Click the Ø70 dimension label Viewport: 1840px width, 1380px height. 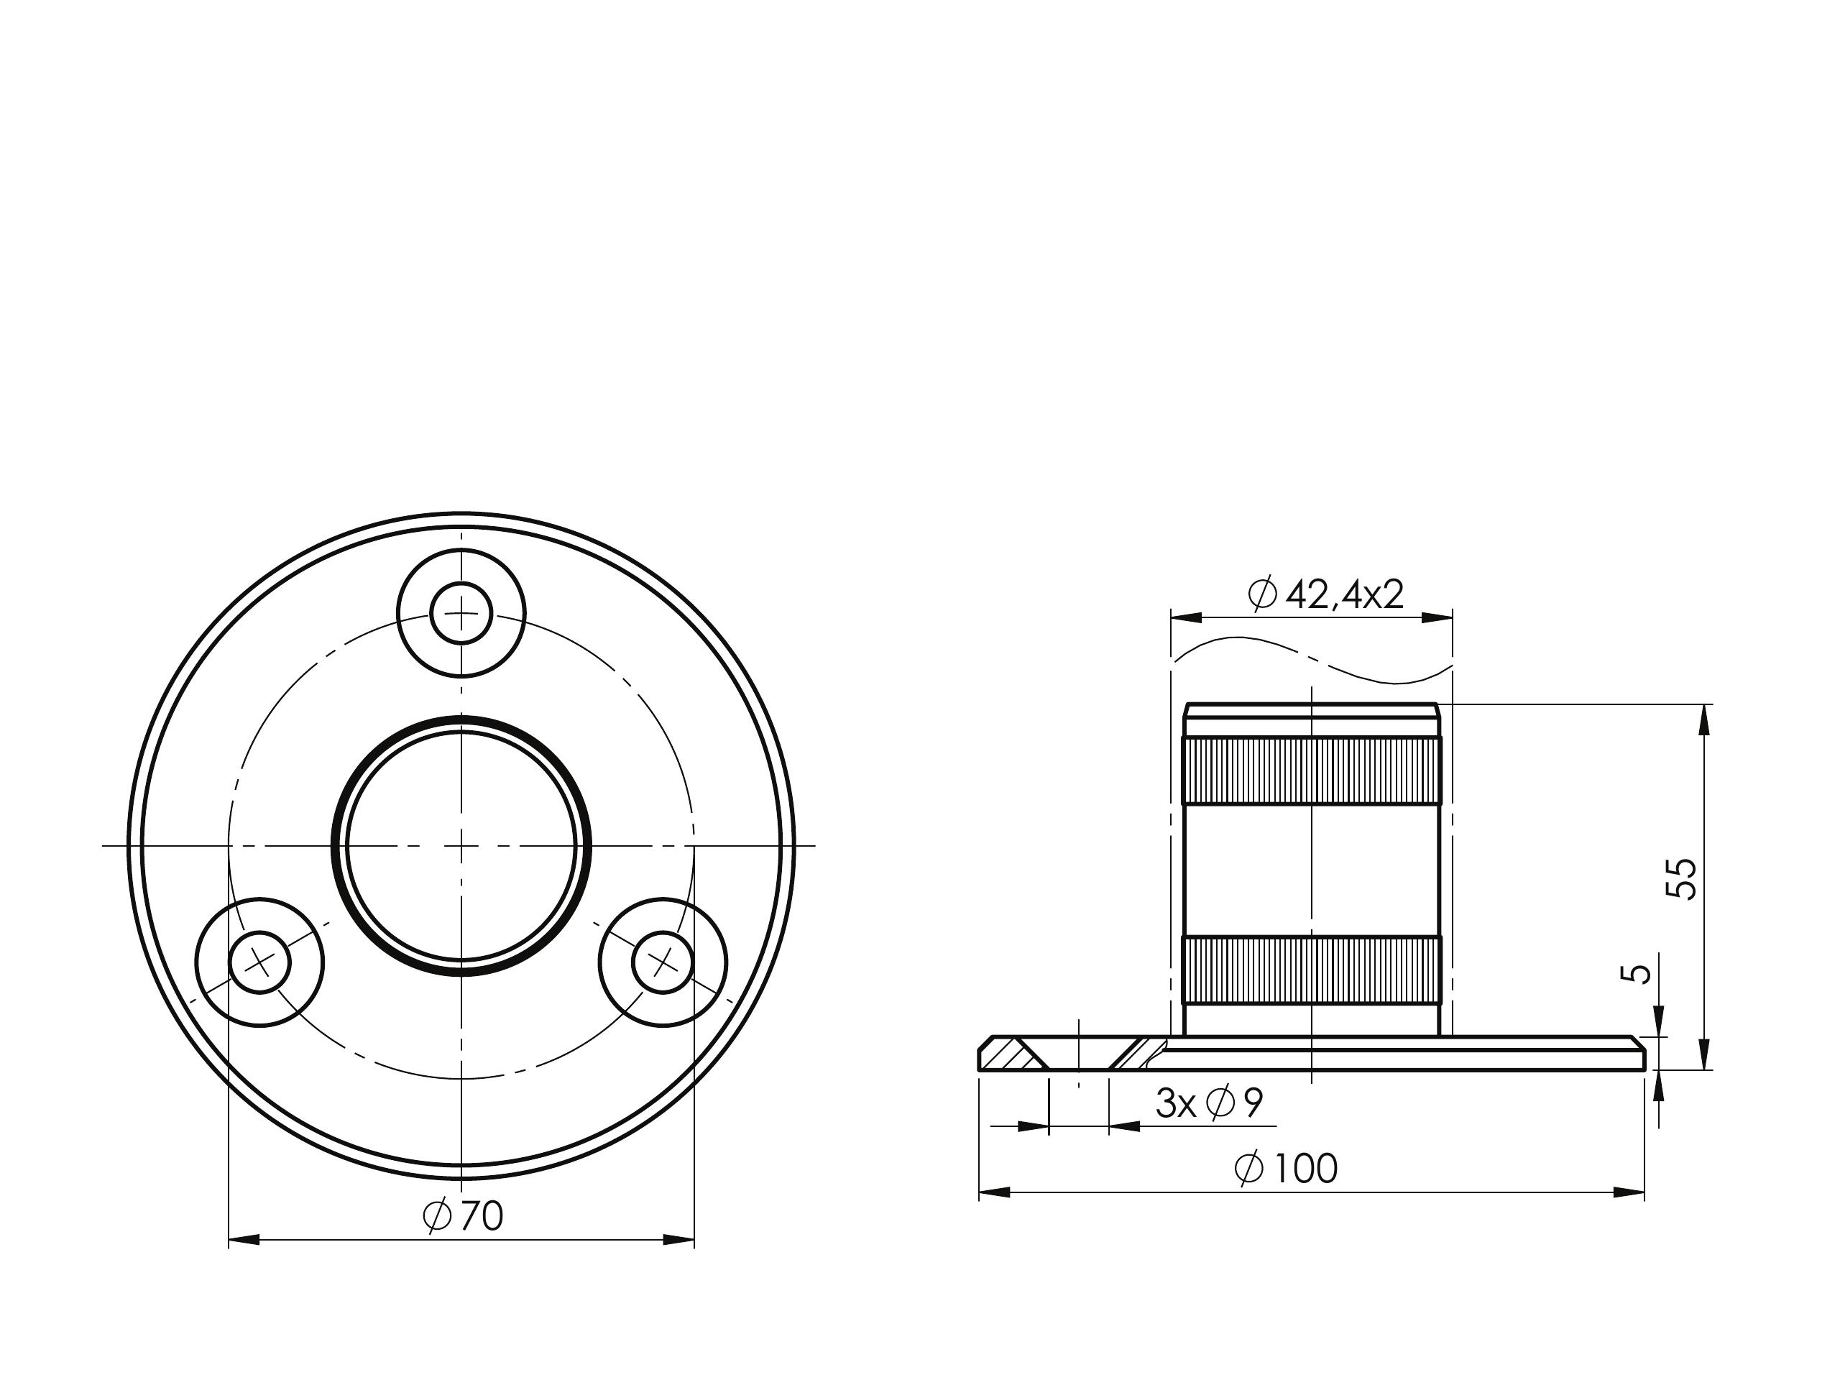click(462, 1216)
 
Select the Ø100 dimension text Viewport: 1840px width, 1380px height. click(1286, 1168)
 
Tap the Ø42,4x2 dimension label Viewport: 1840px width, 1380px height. click(1326, 594)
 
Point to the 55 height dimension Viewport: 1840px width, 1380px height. click(1681, 878)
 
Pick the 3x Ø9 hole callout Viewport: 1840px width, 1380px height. click(1210, 1103)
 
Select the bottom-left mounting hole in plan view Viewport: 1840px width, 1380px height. click(259, 962)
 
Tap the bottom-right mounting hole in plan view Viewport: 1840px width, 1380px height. click(663, 962)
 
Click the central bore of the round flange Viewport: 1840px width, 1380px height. click(461, 845)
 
